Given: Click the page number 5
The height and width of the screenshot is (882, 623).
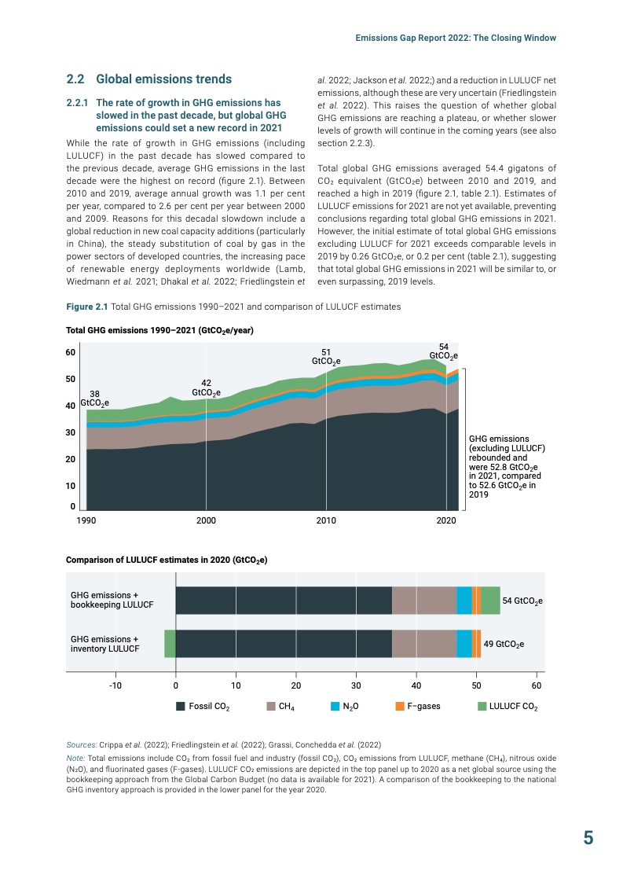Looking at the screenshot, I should [x=588, y=838].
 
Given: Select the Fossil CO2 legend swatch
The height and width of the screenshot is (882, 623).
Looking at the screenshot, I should [x=181, y=706].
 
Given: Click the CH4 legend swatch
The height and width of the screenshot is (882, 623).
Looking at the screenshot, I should [x=272, y=706].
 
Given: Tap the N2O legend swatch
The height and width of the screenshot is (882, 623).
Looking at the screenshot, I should [x=335, y=706].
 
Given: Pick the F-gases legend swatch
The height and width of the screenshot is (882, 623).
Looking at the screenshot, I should [x=400, y=706].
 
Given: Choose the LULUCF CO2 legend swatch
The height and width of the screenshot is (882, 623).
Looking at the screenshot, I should [x=482, y=706].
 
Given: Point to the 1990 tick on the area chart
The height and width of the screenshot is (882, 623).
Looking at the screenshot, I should [x=86, y=520].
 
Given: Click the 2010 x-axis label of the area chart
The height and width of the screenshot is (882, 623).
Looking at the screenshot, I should [x=326, y=520].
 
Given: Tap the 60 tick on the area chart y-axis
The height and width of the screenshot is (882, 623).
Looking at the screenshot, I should [x=70, y=352].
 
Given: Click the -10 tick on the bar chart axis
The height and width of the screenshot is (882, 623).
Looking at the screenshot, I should [x=115, y=685].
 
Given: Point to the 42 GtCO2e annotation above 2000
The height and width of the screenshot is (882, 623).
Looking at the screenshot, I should [x=206, y=388].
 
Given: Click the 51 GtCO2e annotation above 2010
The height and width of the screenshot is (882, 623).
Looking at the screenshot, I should [x=326, y=357].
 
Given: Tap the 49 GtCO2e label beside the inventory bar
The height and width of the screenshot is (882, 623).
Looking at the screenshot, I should [x=504, y=644].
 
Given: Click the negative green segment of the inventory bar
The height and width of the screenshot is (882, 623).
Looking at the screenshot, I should [x=170, y=643].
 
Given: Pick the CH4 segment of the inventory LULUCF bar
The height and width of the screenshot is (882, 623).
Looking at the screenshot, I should [x=424, y=643].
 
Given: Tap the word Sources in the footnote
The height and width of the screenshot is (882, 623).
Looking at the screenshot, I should [x=81, y=742].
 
